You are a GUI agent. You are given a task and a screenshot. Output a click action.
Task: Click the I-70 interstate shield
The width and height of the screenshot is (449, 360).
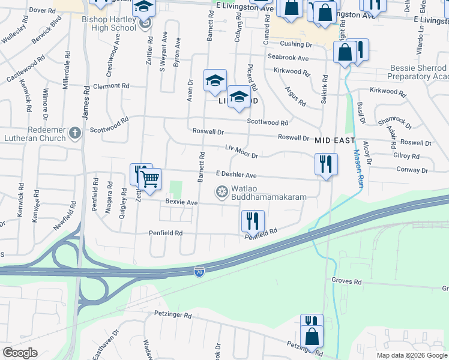199,272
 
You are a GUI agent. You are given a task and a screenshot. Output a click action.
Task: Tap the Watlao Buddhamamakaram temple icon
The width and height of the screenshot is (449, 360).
222,192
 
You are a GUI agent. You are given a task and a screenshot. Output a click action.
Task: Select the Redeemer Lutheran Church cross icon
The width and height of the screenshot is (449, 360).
74,132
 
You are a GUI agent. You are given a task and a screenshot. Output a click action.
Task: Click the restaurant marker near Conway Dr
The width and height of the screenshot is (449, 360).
326,163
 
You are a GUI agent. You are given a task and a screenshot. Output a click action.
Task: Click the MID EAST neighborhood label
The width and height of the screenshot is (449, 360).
334,140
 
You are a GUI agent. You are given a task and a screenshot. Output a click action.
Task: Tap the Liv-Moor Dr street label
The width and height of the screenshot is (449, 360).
241,151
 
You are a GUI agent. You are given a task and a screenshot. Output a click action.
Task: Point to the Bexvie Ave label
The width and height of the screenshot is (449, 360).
181,203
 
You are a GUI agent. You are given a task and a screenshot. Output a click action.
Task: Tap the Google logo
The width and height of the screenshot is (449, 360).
20,353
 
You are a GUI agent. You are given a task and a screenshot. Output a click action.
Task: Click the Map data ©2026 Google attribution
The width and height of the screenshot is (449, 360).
411,355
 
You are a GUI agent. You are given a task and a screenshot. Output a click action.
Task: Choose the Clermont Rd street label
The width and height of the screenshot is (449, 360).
111,86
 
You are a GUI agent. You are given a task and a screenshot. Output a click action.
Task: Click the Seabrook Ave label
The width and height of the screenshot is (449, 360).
288,58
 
